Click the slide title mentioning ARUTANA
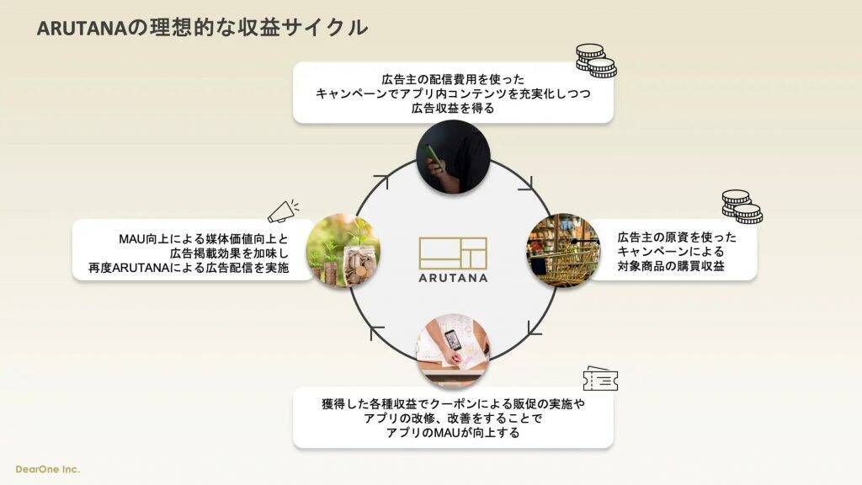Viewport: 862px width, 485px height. point(202,27)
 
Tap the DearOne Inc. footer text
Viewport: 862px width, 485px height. point(48,469)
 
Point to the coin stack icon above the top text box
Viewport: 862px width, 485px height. point(596,61)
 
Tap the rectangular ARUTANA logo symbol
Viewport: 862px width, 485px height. point(453,251)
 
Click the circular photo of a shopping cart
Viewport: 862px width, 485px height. point(562,250)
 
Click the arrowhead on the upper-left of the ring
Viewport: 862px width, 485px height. point(381,181)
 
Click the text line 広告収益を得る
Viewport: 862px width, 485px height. point(452,109)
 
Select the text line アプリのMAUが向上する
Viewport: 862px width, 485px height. point(452,434)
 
